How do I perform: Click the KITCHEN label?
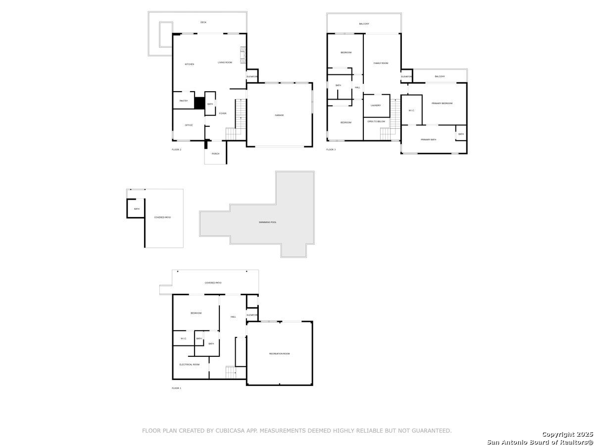tap(189, 64)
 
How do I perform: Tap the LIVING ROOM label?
tap(225, 62)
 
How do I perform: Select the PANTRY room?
tap(184, 101)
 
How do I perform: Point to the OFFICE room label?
tap(189, 125)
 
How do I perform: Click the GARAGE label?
tap(279, 115)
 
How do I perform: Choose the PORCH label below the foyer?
tap(215, 154)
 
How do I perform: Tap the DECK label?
tap(203, 22)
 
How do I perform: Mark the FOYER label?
tap(223, 113)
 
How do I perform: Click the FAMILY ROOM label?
tap(381, 63)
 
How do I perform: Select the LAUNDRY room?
tap(376, 105)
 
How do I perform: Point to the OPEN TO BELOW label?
tap(376, 121)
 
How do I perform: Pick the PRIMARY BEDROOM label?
tap(442, 103)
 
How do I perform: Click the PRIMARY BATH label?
tap(428, 140)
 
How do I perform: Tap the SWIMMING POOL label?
tap(267, 222)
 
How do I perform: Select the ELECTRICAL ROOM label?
tap(190, 364)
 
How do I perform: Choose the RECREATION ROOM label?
tap(279, 353)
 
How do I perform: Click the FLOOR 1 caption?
tap(176, 388)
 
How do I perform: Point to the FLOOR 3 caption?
tap(331, 149)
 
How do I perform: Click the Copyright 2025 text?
tap(567, 434)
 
